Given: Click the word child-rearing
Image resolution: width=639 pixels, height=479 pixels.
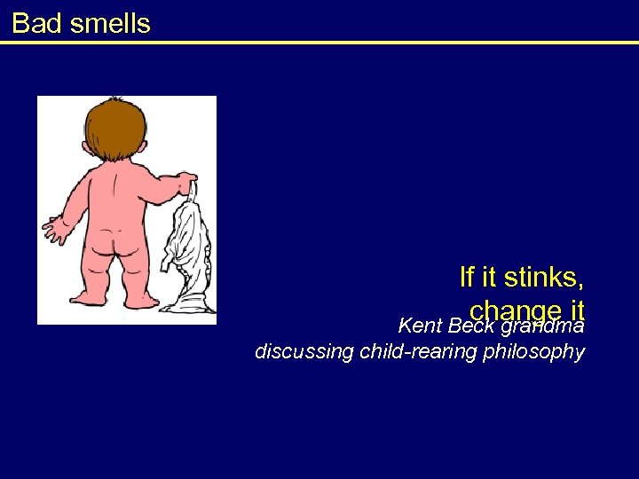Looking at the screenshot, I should [421, 351].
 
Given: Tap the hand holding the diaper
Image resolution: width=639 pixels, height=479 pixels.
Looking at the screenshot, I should [189, 185].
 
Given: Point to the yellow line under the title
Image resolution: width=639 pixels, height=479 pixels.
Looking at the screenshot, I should [319, 42].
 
